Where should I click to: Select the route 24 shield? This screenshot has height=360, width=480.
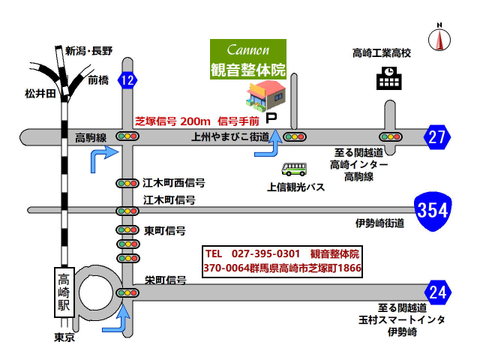coord(437,290)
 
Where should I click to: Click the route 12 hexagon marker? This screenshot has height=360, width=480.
coord(128,80)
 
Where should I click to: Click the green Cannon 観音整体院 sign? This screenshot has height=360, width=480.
coord(247,59)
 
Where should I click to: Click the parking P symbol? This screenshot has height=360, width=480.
coord(272,118)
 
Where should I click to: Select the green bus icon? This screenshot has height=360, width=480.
coord(293,169)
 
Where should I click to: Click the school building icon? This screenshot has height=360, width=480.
coord(388,76)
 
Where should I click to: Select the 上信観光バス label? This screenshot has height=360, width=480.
coord(295,186)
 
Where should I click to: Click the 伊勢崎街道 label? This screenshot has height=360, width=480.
coord(379,223)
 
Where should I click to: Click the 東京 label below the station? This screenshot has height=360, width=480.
coord(65,337)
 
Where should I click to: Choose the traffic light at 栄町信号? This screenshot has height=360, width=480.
coord(127,292)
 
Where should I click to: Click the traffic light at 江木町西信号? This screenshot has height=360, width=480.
coord(127,183)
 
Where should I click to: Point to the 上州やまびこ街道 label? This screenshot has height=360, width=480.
coord(229,137)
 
